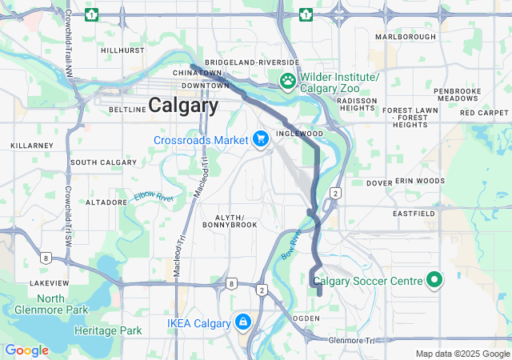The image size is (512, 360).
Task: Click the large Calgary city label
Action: point(183,105)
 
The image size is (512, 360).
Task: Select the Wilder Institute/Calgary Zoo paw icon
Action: point(287,80)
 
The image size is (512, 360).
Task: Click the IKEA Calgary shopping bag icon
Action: point(242,322)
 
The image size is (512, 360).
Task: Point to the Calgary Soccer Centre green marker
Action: point(434,280)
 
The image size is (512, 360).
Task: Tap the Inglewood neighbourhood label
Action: point(298,134)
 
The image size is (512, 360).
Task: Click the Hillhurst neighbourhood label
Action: point(122,50)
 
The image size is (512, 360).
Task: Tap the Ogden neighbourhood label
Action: point(307,318)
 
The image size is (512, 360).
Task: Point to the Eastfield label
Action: point(414,214)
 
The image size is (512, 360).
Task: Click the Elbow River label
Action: point(154,198)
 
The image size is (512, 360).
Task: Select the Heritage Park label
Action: point(108,330)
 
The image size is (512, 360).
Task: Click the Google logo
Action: point(26,350)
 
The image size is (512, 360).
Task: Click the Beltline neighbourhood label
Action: point(124,109)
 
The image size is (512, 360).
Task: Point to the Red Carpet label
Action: point(484,113)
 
